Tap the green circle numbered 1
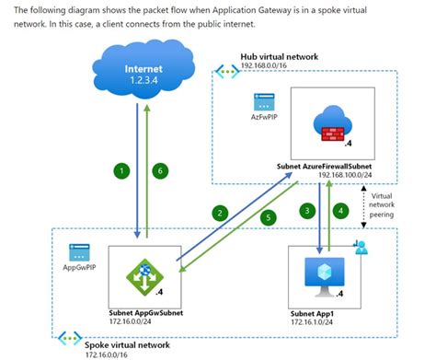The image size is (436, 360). click(119, 169)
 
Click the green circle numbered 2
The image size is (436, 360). click(217, 213)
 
